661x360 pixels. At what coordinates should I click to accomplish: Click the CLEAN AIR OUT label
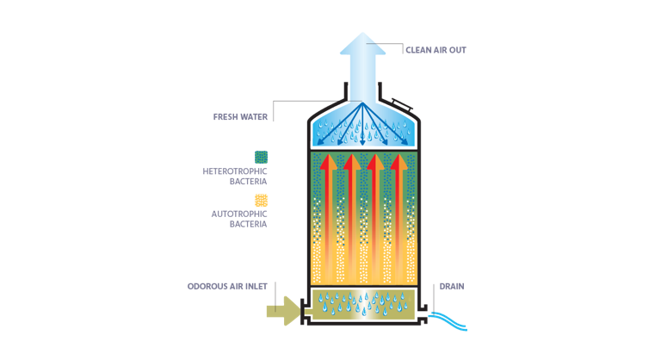click(436, 50)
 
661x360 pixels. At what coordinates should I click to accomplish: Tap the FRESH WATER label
click(240, 117)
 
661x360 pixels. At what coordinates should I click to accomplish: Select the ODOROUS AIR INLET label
click(227, 287)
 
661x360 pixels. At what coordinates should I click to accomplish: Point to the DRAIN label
click(452, 287)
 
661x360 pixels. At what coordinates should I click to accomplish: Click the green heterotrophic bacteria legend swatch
click(261, 158)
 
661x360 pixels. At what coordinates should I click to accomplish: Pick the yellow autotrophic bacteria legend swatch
click(261, 201)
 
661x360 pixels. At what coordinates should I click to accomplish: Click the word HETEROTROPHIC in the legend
click(235, 171)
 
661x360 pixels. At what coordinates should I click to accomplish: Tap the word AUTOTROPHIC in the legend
click(239, 214)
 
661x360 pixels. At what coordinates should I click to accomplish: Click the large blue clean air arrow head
click(363, 44)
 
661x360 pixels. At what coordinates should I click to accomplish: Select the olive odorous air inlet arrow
click(284, 311)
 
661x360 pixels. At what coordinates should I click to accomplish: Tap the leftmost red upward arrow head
click(328, 163)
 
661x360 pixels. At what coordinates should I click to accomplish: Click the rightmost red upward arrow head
click(398, 163)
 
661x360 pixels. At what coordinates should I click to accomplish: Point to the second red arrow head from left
click(351, 163)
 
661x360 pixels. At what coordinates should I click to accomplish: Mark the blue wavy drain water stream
click(448, 321)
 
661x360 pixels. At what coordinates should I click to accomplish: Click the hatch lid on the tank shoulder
click(401, 104)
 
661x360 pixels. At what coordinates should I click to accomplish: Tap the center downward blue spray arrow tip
click(362, 143)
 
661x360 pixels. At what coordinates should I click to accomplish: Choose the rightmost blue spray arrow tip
click(405, 144)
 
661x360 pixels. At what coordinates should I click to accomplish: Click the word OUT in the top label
click(457, 50)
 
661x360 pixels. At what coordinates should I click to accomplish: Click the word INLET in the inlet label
click(256, 287)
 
